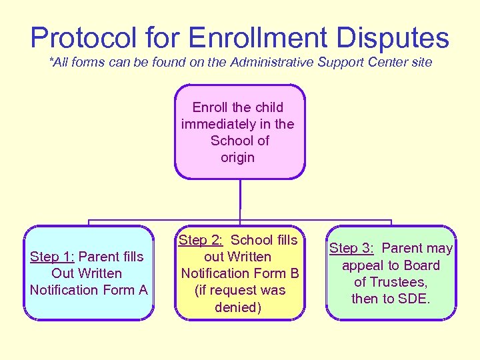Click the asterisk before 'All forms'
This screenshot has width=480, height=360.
[x=51, y=61]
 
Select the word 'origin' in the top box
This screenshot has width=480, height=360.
[x=237, y=157]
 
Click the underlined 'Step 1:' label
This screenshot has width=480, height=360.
[x=53, y=257]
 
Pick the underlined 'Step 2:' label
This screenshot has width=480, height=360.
[x=200, y=240]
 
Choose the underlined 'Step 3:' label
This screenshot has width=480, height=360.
[x=351, y=248]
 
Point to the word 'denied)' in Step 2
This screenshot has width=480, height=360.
[x=237, y=307]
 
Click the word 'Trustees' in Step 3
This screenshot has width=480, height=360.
[x=399, y=282]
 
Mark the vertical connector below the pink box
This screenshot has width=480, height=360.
[x=240, y=200]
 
